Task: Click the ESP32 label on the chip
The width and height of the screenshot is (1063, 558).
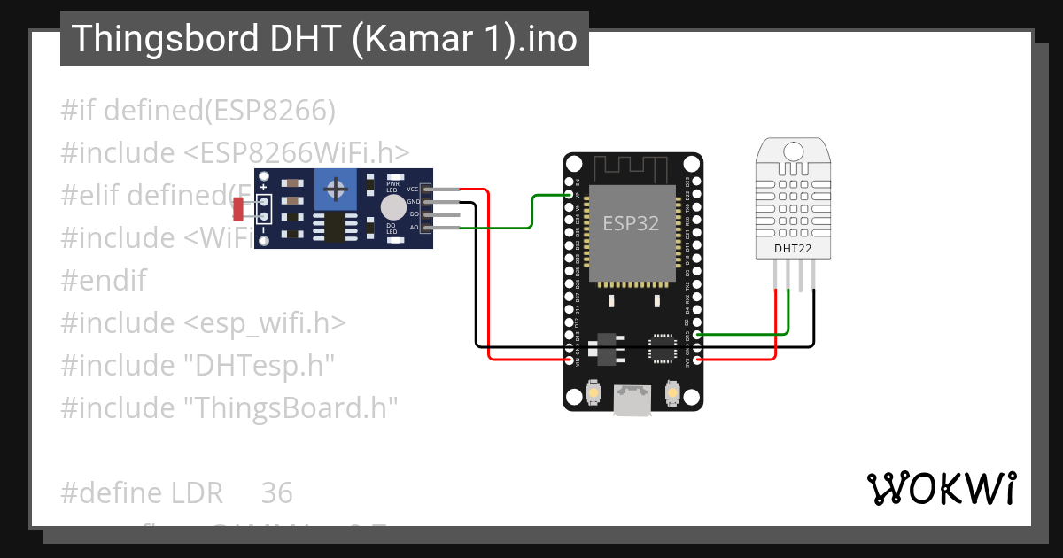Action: tap(632, 223)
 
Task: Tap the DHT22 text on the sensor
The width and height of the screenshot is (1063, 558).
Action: tap(793, 249)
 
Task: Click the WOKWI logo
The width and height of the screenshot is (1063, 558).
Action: tap(941, 488)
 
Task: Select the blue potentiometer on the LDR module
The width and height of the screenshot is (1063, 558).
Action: tap(336, 188)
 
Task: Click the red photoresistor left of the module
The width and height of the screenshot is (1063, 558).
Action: tap(237, 210)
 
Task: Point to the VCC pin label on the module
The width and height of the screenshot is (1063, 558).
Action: tap(413, 190)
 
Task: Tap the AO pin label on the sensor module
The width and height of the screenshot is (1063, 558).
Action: tap(414, 228)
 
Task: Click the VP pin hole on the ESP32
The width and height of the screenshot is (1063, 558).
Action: tap(570, 195)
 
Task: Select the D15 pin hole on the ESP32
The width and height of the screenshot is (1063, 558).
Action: tap(699, 335)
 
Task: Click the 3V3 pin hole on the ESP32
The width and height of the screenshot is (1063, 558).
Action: tap(699, 360)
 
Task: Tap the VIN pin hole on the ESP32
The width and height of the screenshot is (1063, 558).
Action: tap(570, 360)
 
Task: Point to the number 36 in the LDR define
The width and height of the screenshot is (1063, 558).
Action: tap(277, 493)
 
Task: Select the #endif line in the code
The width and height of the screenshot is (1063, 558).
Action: tap(104, 281)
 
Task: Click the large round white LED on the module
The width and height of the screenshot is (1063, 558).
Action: tap(392, 208)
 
